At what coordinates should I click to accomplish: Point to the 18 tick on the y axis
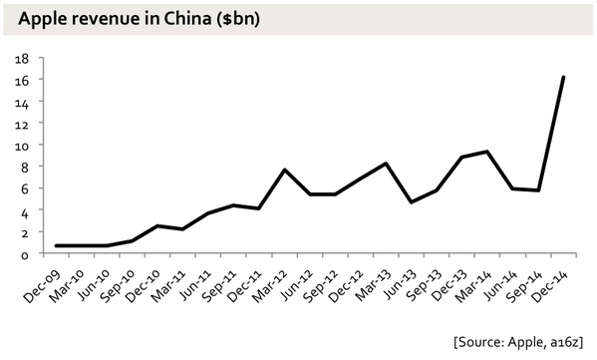20,58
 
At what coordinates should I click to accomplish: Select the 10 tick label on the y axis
20,145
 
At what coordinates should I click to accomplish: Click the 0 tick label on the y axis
24,253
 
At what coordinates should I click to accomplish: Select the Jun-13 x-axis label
396,278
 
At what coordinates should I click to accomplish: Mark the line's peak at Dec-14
563,77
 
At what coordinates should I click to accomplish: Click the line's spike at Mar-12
284,171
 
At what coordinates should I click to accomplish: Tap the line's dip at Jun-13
411,202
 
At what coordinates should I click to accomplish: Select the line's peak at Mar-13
386,164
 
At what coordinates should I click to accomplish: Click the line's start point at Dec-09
56,245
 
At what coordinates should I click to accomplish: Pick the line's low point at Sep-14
538,190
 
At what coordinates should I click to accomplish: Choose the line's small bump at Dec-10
157,225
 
